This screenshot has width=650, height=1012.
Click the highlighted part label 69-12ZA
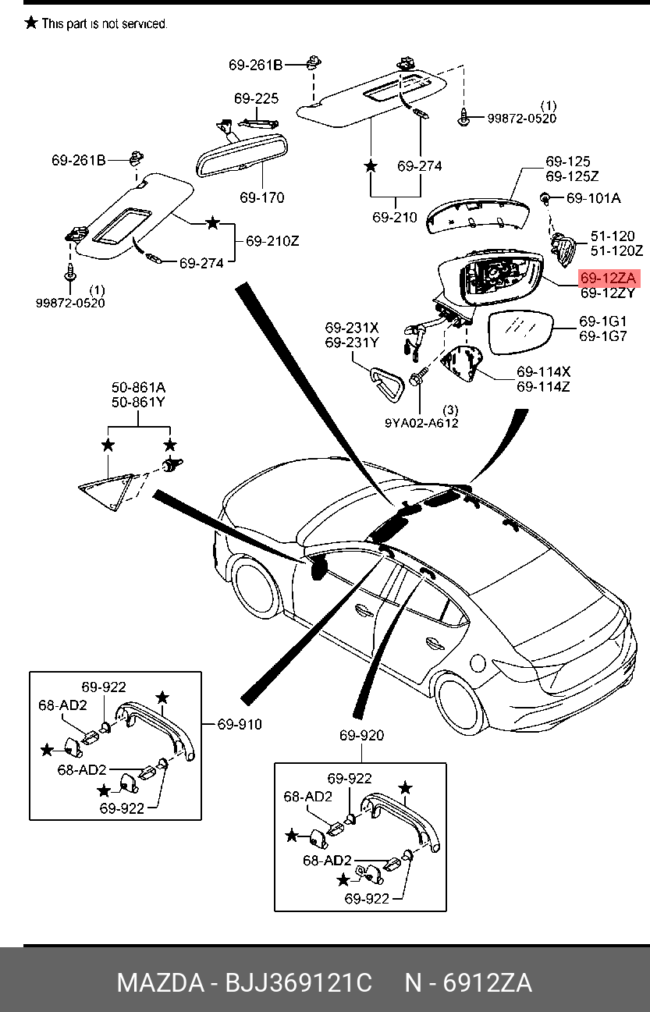tap(608, 279)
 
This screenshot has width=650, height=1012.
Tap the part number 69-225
tap(256, 98)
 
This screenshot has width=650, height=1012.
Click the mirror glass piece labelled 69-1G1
tap(520, 332)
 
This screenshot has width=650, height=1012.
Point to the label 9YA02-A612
tap(421, 424)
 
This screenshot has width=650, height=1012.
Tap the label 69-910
tap(240, 724)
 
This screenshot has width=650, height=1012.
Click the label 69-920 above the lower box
tap(361, 735)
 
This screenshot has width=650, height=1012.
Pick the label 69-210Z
tap(272, 241)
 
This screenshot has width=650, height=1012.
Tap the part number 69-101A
tap(594, 198)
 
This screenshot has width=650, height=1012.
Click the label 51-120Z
tap(616, 250)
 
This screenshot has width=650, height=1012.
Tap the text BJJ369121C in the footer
tap(298, 982)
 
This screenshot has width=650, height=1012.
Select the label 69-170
tap(262, 197)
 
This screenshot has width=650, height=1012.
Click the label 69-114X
tap(543, 372)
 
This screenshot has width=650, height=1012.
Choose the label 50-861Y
tap(138, 402)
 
